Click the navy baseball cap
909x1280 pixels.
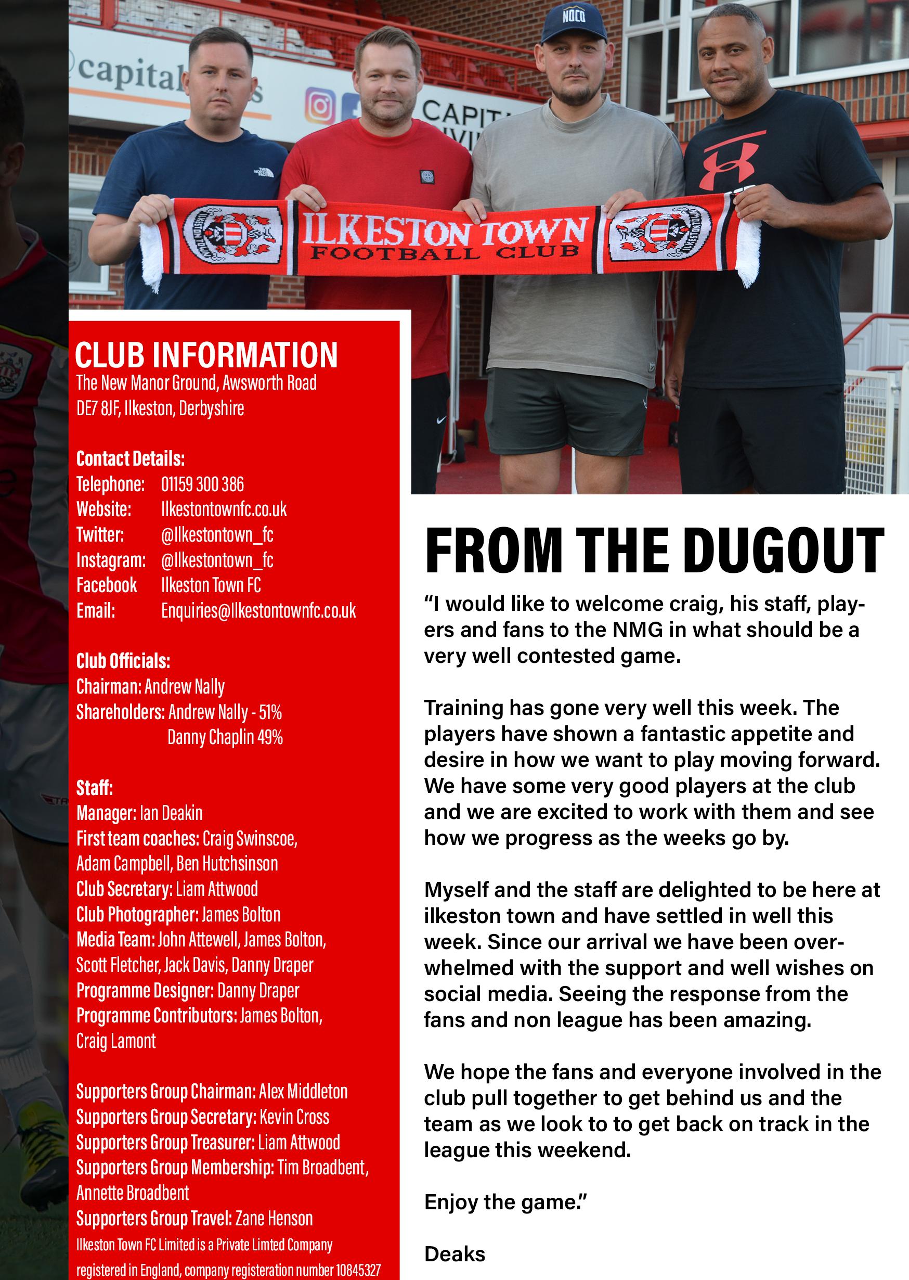[573, 23]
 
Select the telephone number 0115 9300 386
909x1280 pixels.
[202, 484]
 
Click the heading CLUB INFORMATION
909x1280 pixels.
[206, 355]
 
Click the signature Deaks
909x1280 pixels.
[454, 1253]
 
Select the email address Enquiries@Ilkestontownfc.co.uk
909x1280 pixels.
[258, 610]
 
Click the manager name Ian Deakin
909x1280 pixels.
[171, 813]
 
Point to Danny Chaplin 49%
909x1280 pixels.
[225, 737]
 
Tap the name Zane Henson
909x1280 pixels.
[274, 1219]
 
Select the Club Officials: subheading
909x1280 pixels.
[123, 661]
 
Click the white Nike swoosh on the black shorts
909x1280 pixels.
[440, 419]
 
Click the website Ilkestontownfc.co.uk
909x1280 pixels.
[224, 509]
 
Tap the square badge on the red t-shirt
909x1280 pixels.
[427, 177]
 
